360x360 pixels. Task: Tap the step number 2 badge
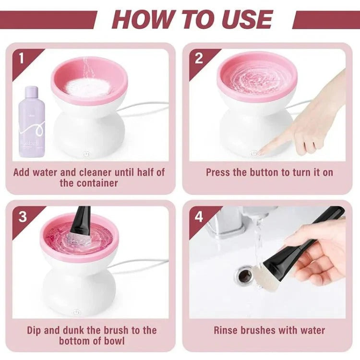coord(199,59)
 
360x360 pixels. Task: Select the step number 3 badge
coord(22,216)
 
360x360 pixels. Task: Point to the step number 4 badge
coord(199,216)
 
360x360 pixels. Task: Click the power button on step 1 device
coord(85,155)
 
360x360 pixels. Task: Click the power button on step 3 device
coord(76,312)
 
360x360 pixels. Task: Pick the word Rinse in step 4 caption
coord(228,330)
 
